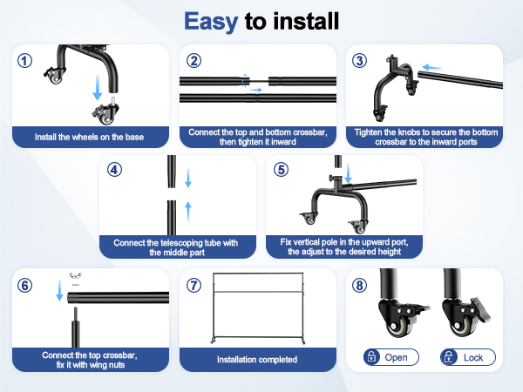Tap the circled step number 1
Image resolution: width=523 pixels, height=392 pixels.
[25, 60]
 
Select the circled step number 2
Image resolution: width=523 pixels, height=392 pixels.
[194, 60]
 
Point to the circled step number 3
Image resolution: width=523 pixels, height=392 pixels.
[361, 60]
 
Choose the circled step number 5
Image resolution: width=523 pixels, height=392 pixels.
[280, 169]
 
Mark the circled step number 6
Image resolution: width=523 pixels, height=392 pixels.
[25, 284]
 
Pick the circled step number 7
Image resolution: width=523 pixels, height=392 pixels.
[194, 284]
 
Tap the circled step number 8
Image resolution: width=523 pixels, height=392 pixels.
[361, 284]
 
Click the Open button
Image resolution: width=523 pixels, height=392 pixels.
[391, 357]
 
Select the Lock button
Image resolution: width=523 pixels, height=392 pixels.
[467, 357]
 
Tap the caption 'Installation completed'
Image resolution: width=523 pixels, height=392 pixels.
[256, 359]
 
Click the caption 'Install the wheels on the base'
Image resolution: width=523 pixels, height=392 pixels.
[89, 137]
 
